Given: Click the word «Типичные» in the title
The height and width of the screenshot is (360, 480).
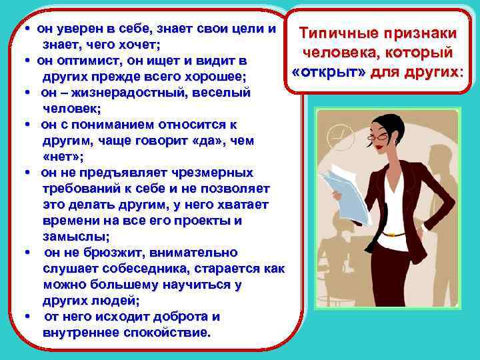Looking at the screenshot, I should [x=333, y=33].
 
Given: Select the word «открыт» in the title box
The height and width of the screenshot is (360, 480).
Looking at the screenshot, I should [x=330, y=72].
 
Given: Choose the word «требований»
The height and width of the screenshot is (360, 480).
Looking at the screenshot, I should [x=77, y=189].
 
